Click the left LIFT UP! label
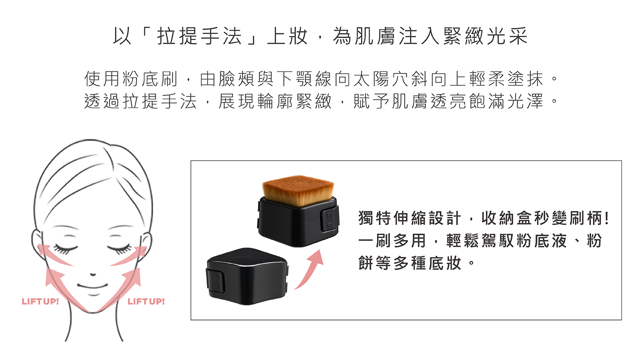click(x=40, y=301)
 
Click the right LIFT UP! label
click(x=146, y=301)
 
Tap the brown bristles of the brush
click(x=298, y=190)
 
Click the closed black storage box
click(x=247, y=276)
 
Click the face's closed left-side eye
click(x=65, y=248)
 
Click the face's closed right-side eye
click(x=119, y=248)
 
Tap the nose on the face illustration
click(x=93, y=274)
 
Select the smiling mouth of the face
click(x=92, y=286)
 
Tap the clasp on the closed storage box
click(x=215, y=282)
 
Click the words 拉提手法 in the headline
click(x=199, y=36)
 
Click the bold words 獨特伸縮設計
click(x=409, y=218)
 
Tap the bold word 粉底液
click(x=533, y=240)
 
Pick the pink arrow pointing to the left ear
click(x=54, y=254)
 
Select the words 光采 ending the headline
click(x=507, y=36)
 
